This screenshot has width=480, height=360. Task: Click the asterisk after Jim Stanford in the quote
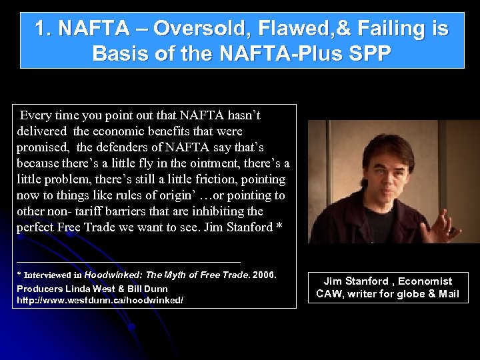(279, 228)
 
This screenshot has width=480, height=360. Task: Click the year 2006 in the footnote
(264, 275)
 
